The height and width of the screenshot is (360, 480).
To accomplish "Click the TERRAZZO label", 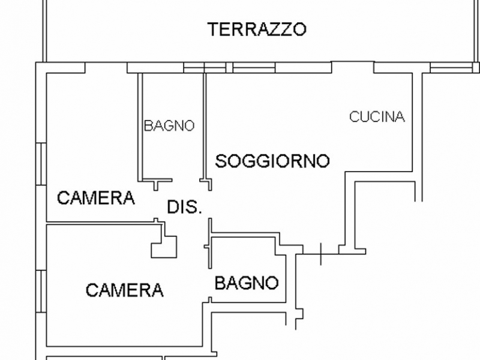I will click(x=257, y=29).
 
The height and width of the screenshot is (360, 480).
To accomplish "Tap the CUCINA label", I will click(x=377, y=117).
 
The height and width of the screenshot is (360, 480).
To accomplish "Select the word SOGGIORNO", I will click(x=272, y=161).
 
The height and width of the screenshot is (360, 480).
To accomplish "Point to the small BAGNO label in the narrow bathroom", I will click(x=169, y=126).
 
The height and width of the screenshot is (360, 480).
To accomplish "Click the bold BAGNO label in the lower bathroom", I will click(x=246, y=283).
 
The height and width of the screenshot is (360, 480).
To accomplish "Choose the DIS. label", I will click(x=184, y=208).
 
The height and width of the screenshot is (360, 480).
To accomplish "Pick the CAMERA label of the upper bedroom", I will click(x=95, y=198).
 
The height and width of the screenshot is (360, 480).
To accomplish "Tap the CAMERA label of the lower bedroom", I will click(x=124, y=290).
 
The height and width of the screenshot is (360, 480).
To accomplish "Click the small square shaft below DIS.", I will click(x=164, y=246).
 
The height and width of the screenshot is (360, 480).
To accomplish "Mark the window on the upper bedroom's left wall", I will click(x=41, y=162).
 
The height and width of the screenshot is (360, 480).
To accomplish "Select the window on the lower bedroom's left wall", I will click(x=41, y=292).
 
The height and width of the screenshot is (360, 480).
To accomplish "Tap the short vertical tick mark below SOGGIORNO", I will click(x=321, y=253).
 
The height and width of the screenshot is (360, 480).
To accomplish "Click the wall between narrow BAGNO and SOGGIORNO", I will click(x=205, y=126).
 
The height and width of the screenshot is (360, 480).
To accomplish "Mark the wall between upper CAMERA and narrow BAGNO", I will click(x=140, y=126).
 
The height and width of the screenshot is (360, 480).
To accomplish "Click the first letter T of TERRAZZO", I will click(x=213, y=29).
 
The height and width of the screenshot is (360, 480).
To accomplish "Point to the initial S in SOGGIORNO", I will click(x=221, y=161).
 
